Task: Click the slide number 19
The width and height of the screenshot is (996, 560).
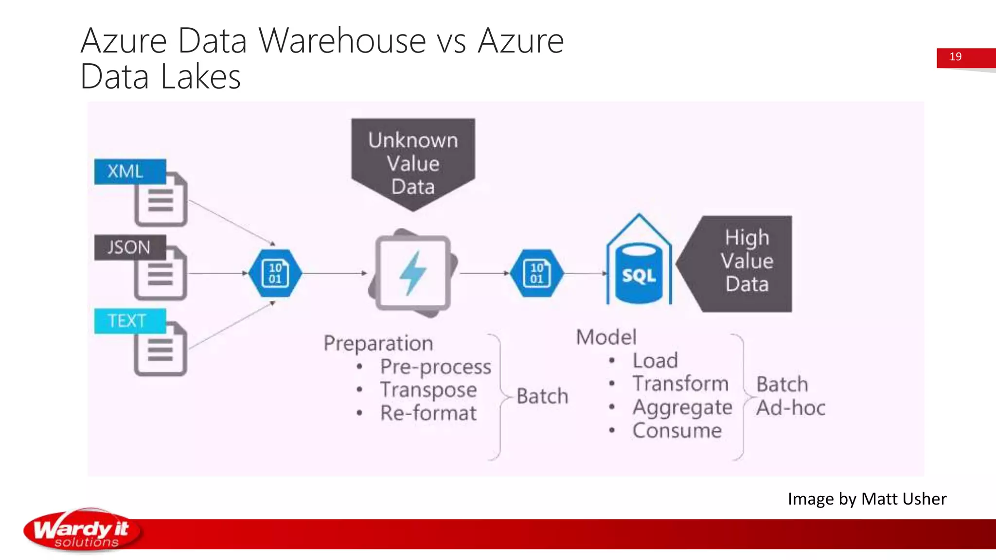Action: pos(955,57)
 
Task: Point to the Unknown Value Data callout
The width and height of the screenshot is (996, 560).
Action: pos(413,162)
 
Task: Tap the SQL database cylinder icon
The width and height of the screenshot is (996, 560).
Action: pos(639,275)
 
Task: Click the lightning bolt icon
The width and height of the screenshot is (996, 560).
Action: pos(412,273)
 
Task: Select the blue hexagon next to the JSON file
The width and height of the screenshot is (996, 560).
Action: pos(275,273)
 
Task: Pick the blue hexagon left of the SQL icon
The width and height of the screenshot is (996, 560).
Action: pos(536,273)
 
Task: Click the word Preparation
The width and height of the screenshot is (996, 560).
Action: pos(378,343)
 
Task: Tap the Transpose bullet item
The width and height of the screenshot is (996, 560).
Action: pos(428,390)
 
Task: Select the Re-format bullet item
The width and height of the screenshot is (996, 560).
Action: pos(428,413)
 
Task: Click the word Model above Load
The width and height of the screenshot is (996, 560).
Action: pos(606,337)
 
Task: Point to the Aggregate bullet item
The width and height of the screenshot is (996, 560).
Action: pos(682,407)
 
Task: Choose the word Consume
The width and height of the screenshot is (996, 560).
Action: pos(677,431)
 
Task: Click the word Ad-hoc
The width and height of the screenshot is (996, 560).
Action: pos(791,407)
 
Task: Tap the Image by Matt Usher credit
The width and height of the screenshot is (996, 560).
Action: pos(867,499)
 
